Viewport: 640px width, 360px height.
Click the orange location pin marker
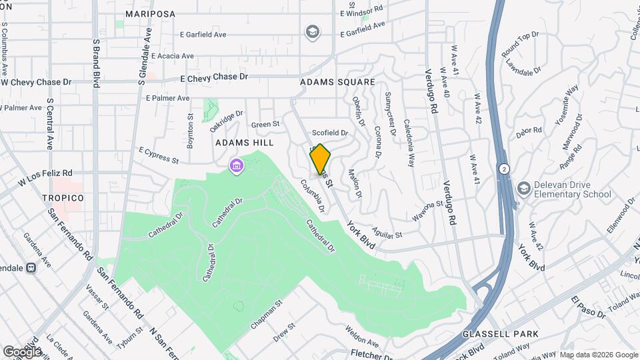click(x=321, y=159)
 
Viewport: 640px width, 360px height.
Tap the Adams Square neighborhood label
click(x=337, y=82)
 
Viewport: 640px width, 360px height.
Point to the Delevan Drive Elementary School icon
click(x=523, y=189)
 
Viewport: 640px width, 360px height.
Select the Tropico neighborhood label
click(x=63, y=198)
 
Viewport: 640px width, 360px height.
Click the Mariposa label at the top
click(x=150, y=13)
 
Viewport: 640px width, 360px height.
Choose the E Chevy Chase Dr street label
click(x=215, y=77)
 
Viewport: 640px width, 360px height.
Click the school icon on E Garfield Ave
click(x=311, y=31)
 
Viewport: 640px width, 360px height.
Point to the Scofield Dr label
click(x=330, y=133)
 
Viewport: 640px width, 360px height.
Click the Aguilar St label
click(x=388, y=234)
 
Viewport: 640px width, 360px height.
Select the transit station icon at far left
click(x=31, y=268)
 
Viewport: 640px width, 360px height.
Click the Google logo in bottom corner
click(x=22, y=351)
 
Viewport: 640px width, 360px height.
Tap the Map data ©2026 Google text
click(x=598, y=355)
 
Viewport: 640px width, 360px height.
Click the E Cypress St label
click(x=159, y=155)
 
